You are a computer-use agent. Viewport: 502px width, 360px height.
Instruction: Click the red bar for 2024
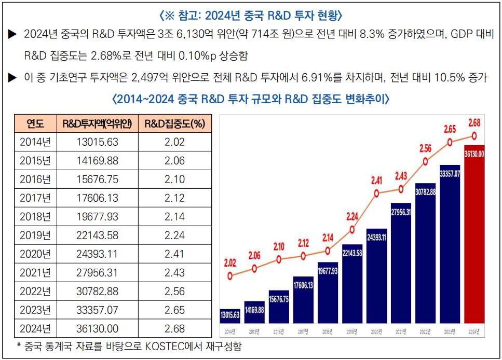(x=474, y=233)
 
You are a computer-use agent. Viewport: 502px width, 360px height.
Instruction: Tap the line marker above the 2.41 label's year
(x=376, y=193)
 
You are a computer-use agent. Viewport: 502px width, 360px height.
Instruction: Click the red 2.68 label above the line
(x=474, y=123)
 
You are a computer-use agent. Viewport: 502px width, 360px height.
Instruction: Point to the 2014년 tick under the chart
(x=230, y=331)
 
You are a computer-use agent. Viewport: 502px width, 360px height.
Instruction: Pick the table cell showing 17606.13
(x=97, y=198)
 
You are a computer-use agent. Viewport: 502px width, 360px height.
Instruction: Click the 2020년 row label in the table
(x=35, y=254)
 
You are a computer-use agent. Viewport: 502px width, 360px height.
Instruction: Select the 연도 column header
(x=35, y=124)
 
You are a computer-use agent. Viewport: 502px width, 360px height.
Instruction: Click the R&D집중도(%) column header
(x=174, y=124)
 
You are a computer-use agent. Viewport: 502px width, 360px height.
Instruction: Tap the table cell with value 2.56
(x=174, y=291)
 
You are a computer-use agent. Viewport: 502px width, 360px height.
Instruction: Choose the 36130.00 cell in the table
(x=97, y=328)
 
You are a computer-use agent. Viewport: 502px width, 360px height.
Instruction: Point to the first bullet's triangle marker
(x=12, y=35)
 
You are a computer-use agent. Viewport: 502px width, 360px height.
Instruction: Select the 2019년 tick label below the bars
(x=352, y=331)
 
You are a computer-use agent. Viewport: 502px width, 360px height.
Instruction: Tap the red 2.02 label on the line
(x=230, y=263)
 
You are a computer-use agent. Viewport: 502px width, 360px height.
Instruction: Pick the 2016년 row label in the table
(x=35, y=179)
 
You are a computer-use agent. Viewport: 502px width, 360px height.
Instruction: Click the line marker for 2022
(x=425, y=161)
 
